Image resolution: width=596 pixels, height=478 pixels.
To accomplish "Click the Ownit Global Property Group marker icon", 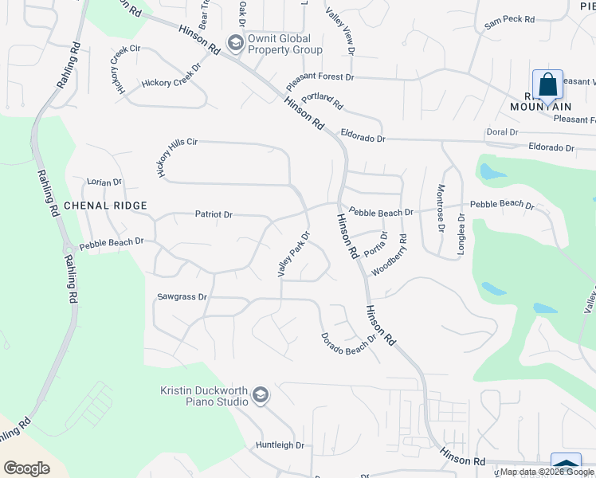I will coord(235,42).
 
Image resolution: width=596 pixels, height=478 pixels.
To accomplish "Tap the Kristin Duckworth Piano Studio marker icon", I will coord(260,396).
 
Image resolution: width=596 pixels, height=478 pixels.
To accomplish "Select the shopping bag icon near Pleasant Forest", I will coord(547,84).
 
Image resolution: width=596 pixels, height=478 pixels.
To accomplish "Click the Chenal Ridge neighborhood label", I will coord(106,206).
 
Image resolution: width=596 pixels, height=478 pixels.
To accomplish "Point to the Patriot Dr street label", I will coord(214,214).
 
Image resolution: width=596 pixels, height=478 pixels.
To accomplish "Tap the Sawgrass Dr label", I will coord(182,296).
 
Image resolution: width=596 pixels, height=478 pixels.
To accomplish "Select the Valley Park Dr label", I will coord(292,254).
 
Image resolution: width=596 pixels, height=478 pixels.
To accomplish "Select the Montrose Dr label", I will coord(440,208).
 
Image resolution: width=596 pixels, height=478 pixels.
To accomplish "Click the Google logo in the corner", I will coord(26,468).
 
